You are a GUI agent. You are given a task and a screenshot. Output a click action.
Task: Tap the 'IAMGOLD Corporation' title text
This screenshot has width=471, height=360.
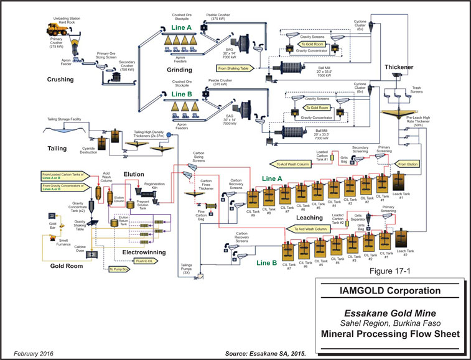coord(386,290)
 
